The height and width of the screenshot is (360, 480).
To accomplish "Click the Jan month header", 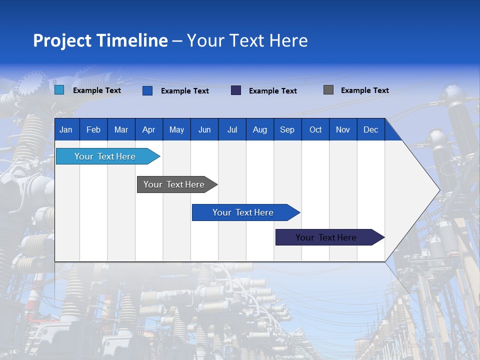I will (66, 130).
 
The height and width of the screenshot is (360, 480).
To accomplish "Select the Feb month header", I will (93, 130).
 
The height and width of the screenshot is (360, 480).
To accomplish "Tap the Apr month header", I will (148, 130).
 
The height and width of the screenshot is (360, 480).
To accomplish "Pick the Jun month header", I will (204, 130).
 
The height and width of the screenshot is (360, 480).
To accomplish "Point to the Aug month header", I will (259, 130).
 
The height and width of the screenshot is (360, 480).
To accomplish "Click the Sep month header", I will (287, 130).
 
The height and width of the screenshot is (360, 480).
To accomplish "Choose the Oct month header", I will (315, 130).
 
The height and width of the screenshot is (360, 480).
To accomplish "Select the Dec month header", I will (370, 130).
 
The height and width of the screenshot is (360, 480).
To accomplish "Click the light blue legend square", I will (59, 90).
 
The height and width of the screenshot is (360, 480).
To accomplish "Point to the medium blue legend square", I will (147, 90).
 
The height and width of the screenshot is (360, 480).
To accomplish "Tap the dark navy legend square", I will (236, 90).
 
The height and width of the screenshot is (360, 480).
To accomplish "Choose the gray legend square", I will (328, 90).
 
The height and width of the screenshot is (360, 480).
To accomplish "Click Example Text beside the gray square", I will (364, 90).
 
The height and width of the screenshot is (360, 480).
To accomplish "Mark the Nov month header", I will (342, 130).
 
